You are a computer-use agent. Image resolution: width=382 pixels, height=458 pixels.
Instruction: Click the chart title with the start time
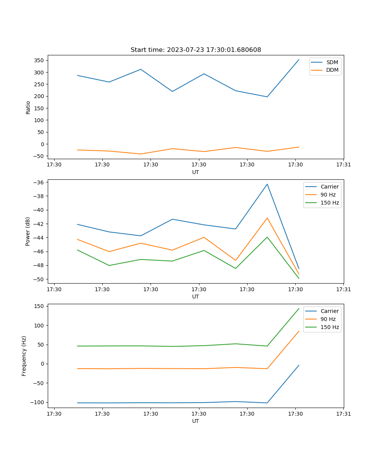click(x=196, y=50)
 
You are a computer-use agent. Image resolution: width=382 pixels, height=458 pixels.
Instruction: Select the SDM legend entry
click(x=332, y=62)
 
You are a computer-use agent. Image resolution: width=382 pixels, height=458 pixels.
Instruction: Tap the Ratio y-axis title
click(x=28, y=107)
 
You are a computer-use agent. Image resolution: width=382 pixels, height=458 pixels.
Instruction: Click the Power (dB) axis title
click(x=28, y=231)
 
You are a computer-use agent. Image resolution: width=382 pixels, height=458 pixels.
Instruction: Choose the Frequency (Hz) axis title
click(x=24, y=356)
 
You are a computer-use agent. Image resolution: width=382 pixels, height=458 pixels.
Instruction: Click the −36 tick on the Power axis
click(x=39, y=182)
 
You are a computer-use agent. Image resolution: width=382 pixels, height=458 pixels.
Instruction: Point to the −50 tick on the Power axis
click(x=39, y=279)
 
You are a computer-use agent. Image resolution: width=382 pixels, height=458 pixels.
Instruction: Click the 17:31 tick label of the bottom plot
click(x=343, y=414)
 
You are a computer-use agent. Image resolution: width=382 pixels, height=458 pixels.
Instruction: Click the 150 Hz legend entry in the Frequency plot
click(x=330, y=327)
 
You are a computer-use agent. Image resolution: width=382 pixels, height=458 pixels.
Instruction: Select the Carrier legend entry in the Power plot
click(x=329, y=187)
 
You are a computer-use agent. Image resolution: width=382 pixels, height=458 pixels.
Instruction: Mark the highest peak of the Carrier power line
click(x=267, y=184)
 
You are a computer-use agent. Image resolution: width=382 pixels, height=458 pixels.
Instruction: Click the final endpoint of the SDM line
click(x=299, y=60)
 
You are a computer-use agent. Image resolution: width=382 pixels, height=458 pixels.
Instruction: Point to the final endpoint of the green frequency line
click(x=299, y=308)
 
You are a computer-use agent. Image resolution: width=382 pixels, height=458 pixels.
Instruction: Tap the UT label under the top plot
click(x=196, y=172)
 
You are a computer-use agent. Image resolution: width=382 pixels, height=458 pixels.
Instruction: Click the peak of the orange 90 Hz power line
click(x=267, y=218)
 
